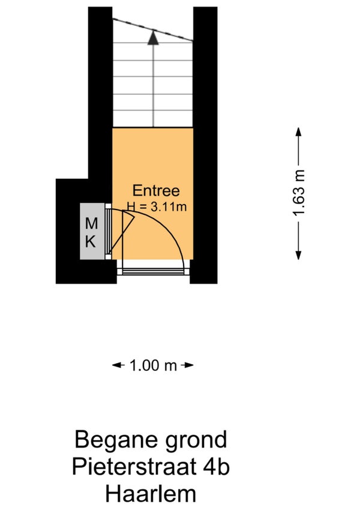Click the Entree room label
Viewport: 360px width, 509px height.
click(156, 190)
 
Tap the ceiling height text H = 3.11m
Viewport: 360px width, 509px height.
click(157, 206)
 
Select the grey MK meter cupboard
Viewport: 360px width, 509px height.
click(92, 231)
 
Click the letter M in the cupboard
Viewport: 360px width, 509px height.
click(91, 224)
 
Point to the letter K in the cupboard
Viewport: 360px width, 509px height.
click(91, 242)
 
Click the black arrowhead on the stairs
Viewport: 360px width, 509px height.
click(153, 37)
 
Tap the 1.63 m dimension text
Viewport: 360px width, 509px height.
click(299, 193)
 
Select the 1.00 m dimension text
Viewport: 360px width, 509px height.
click(153, 366)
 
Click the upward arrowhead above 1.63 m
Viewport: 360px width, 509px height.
click(298, 131)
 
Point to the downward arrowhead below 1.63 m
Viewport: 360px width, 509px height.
click(298, 256)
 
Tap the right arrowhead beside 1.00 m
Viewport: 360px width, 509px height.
click(189, 365)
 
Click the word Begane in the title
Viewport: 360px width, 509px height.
click(116, 440)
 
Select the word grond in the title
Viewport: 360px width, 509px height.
click(196, 440)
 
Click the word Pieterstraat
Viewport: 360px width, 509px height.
click(134, 467)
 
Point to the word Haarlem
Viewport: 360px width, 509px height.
click(151, 494)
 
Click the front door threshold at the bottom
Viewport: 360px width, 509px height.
click(153, 272)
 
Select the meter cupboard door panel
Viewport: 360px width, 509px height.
click(108, 232)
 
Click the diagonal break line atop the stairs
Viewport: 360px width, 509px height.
click(153, 30)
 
